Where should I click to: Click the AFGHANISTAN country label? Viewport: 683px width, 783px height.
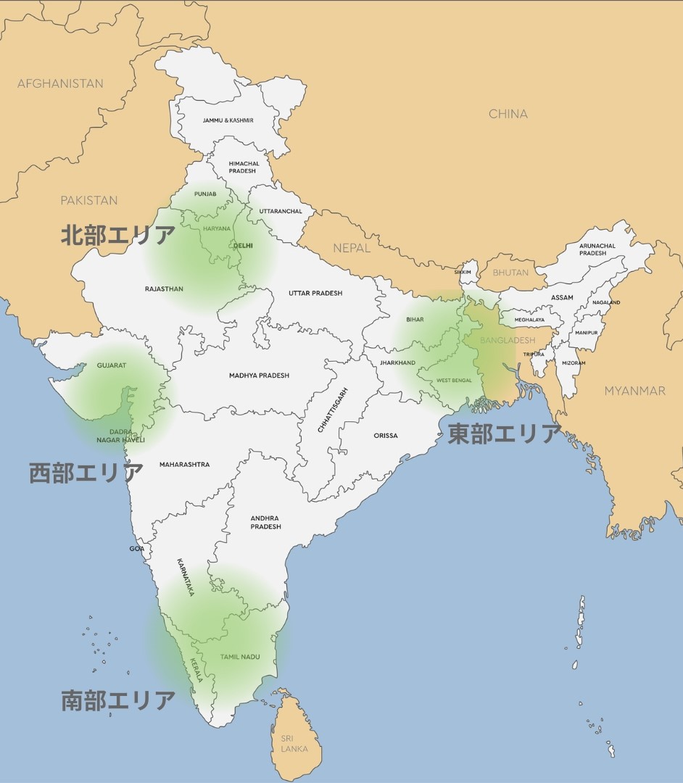(x=60, y=83)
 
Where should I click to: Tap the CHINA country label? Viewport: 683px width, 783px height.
(x=508, y=114)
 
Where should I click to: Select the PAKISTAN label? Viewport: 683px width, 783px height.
(x=88, y=200)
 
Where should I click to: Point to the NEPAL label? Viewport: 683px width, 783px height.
(x=352, y=248)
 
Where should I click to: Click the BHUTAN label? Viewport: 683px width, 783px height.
(x=510, y=273)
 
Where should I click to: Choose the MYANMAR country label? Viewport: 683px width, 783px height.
(x=634, y=391)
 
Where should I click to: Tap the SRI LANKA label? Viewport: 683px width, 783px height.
(x=294, y=743)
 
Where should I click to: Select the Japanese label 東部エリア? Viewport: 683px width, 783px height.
(x=504, y=434)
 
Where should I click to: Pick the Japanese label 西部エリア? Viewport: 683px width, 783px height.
(x=86, y=473)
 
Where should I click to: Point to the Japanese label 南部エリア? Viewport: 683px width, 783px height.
(x=117, y=700)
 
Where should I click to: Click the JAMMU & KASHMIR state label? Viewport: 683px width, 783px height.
(x=228, y=120)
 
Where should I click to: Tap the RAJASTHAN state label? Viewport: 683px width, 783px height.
(x=164, y=289)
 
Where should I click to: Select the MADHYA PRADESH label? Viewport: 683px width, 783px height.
(x=259, y=376)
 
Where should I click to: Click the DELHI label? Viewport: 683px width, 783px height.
(x=243, y=246)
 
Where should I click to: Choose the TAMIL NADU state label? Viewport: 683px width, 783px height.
(x=240, y=657)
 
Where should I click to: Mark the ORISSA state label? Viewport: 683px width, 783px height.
(x=386, y=436)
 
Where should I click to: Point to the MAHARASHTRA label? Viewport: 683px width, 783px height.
(x=184, y=464)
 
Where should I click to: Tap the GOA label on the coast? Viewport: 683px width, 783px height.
(x=136, y=548)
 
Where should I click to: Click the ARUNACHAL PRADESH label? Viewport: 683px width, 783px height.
(x=597, y=249)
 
